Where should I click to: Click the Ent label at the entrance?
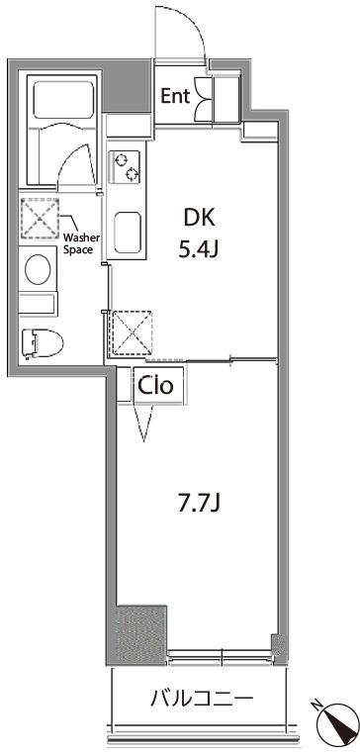(x=175, y=96)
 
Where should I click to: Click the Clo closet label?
(x=155, y=386)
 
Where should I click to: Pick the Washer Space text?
(x=81, y=243)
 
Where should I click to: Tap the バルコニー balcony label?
(x=202, y=698)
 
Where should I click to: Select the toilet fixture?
(x=43, y=342)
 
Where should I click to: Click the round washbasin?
(x=38, y=270)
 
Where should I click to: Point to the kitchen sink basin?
(x=128, y=234)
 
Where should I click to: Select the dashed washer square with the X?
(x=40, y=219)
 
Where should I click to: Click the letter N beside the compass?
(x=316, y=706)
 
